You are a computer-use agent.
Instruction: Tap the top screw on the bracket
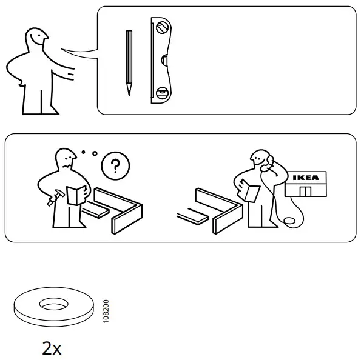162,27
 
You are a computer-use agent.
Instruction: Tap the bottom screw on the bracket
161,93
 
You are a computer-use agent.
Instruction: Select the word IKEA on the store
305,178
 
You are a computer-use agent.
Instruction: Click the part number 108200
107,310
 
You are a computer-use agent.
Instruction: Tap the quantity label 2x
52,348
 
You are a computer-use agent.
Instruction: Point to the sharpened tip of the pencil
129,93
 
